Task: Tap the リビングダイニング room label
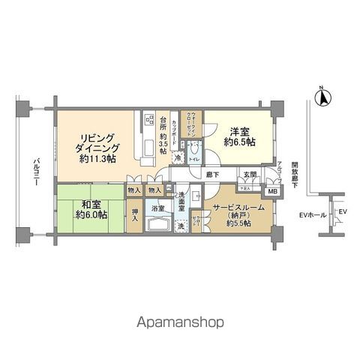click(96, 147)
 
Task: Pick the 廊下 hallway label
click(214, 174)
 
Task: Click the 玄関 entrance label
click(249, 175)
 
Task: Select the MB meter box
click(272, 191)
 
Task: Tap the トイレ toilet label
click(193, 160)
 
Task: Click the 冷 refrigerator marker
click(178, 157)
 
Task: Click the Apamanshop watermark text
click(180, 324)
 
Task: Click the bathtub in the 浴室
click(157, 224)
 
